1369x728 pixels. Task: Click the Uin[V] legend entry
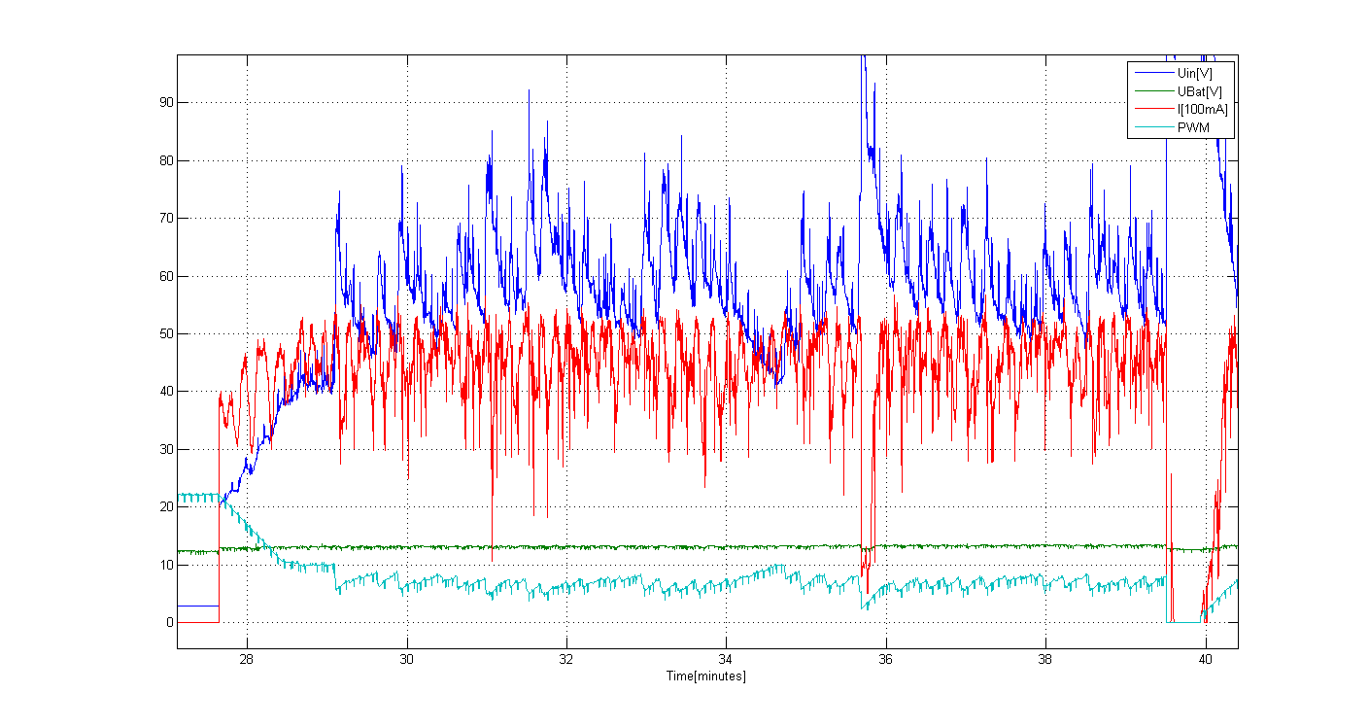1191,73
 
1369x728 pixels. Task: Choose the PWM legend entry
1190,127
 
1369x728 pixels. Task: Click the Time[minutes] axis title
705,676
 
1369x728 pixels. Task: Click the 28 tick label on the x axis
247,660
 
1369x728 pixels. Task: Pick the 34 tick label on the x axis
726,660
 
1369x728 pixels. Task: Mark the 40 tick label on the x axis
1205,660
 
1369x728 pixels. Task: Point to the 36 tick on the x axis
885,660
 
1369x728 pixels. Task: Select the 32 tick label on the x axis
566,660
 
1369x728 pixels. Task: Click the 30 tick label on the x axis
406,660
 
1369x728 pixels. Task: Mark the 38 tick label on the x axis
1045,660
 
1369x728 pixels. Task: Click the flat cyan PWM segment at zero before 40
1183,621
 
